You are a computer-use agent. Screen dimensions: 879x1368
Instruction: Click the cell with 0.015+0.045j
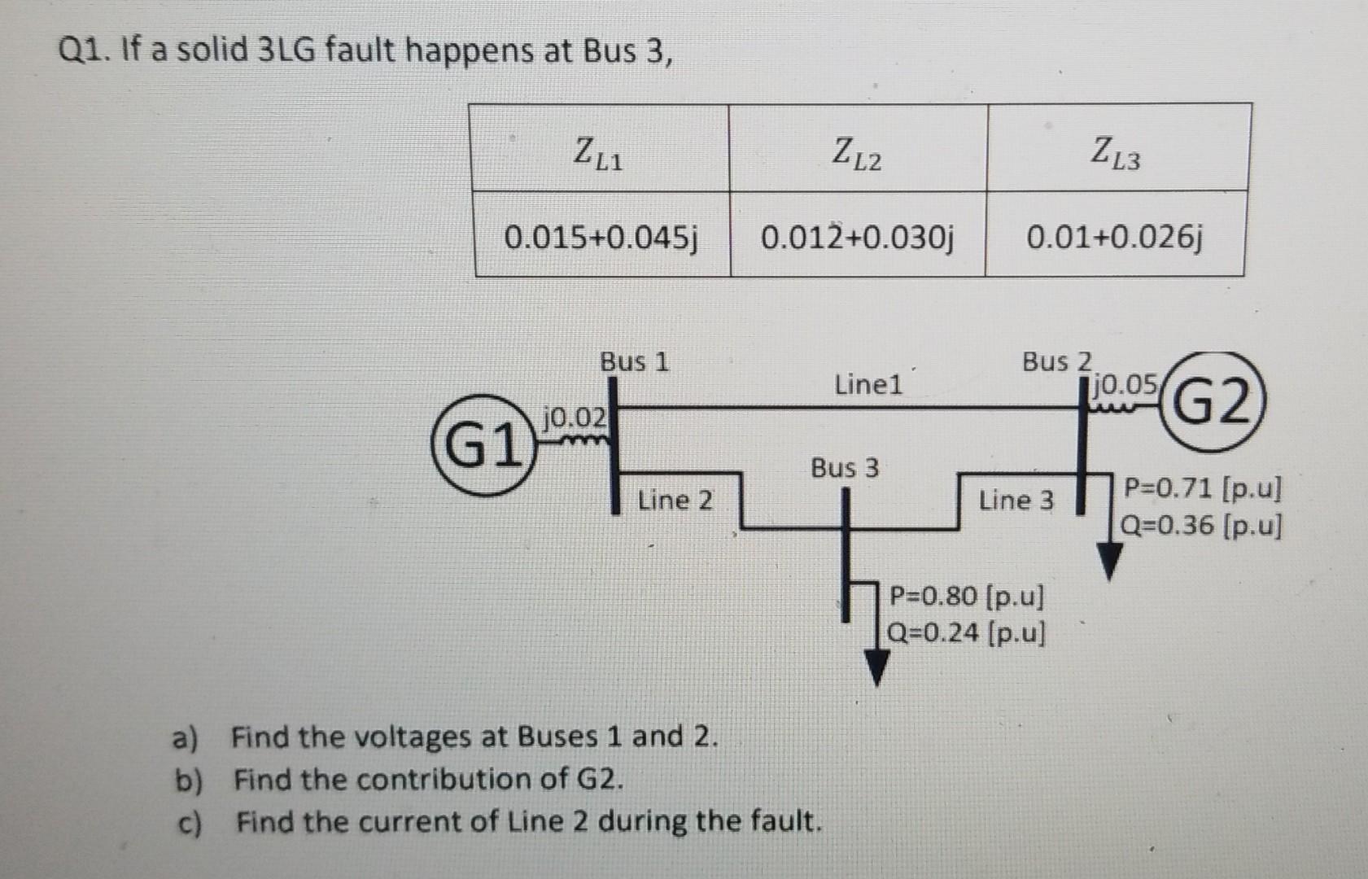[601, 238]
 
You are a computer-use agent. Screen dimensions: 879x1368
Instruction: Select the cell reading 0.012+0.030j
[858, 238]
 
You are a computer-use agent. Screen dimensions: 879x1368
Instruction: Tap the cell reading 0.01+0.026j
[1114, 238]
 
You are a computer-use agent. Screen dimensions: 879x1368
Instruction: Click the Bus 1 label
[634, 361]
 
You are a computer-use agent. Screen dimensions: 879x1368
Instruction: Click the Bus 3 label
[845, 468]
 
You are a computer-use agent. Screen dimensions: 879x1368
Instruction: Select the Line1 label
[868, 384]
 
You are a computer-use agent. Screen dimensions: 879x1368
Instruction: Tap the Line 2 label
[675, 500]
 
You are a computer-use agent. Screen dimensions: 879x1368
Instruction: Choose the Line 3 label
[1016, 500]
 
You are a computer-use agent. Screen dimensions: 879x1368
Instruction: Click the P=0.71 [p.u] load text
[1202, 489]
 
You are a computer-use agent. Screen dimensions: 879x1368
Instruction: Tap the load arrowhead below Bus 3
[876, 668]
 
